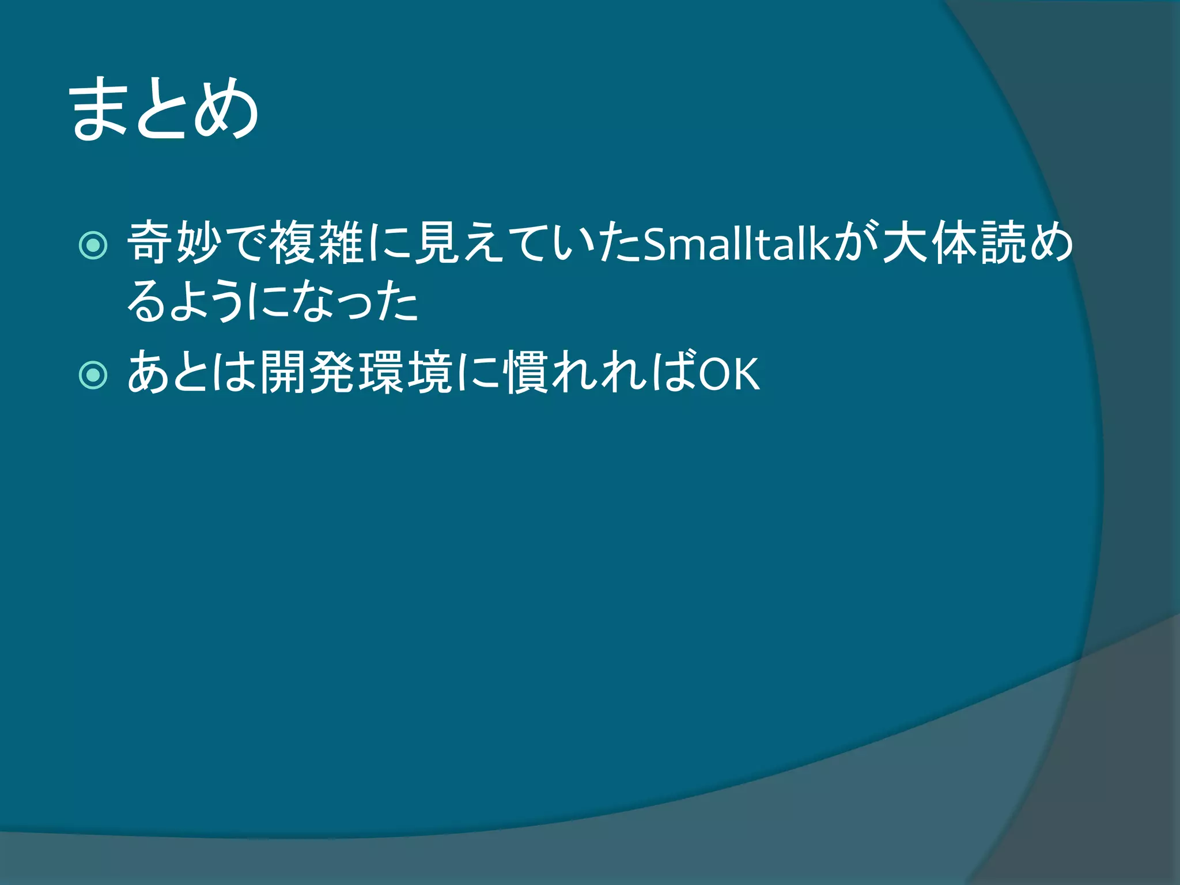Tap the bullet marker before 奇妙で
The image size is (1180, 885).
pos(93,245)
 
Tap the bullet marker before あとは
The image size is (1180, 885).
pos(93,376)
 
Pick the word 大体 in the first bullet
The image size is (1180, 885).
pos(931,243)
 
